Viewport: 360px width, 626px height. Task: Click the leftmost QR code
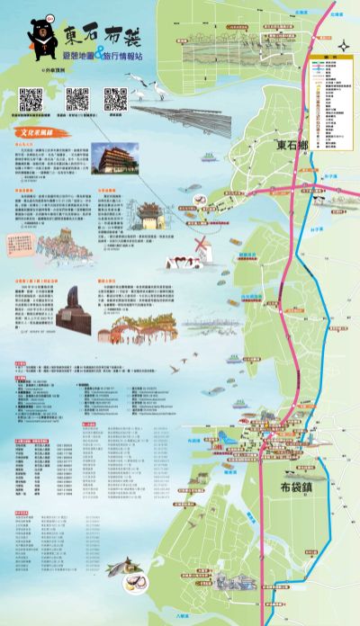(x=31, y=100)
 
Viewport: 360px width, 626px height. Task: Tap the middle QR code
(x=76, y=100)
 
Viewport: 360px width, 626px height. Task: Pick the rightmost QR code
(x=115, y=99)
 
